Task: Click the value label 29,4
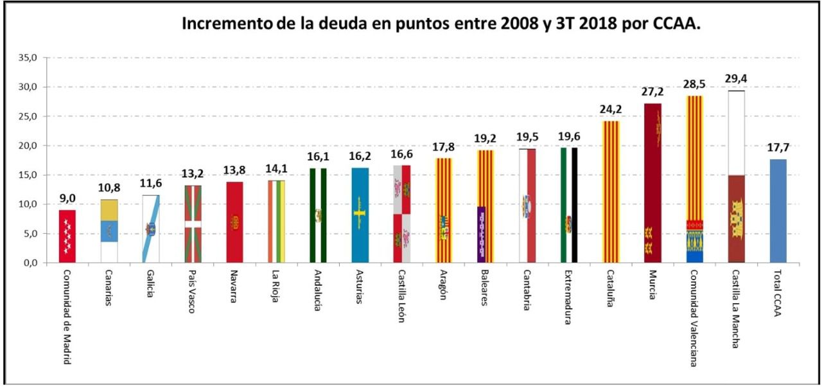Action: click(736, 79)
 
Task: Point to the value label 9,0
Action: click(67, 198)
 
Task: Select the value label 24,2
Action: click(611, 109)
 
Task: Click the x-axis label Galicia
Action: click(151, 285)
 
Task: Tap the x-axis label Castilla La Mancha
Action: click(736, 309)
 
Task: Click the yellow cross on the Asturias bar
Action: click(360, 209)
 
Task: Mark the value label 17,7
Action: click(778, 148)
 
